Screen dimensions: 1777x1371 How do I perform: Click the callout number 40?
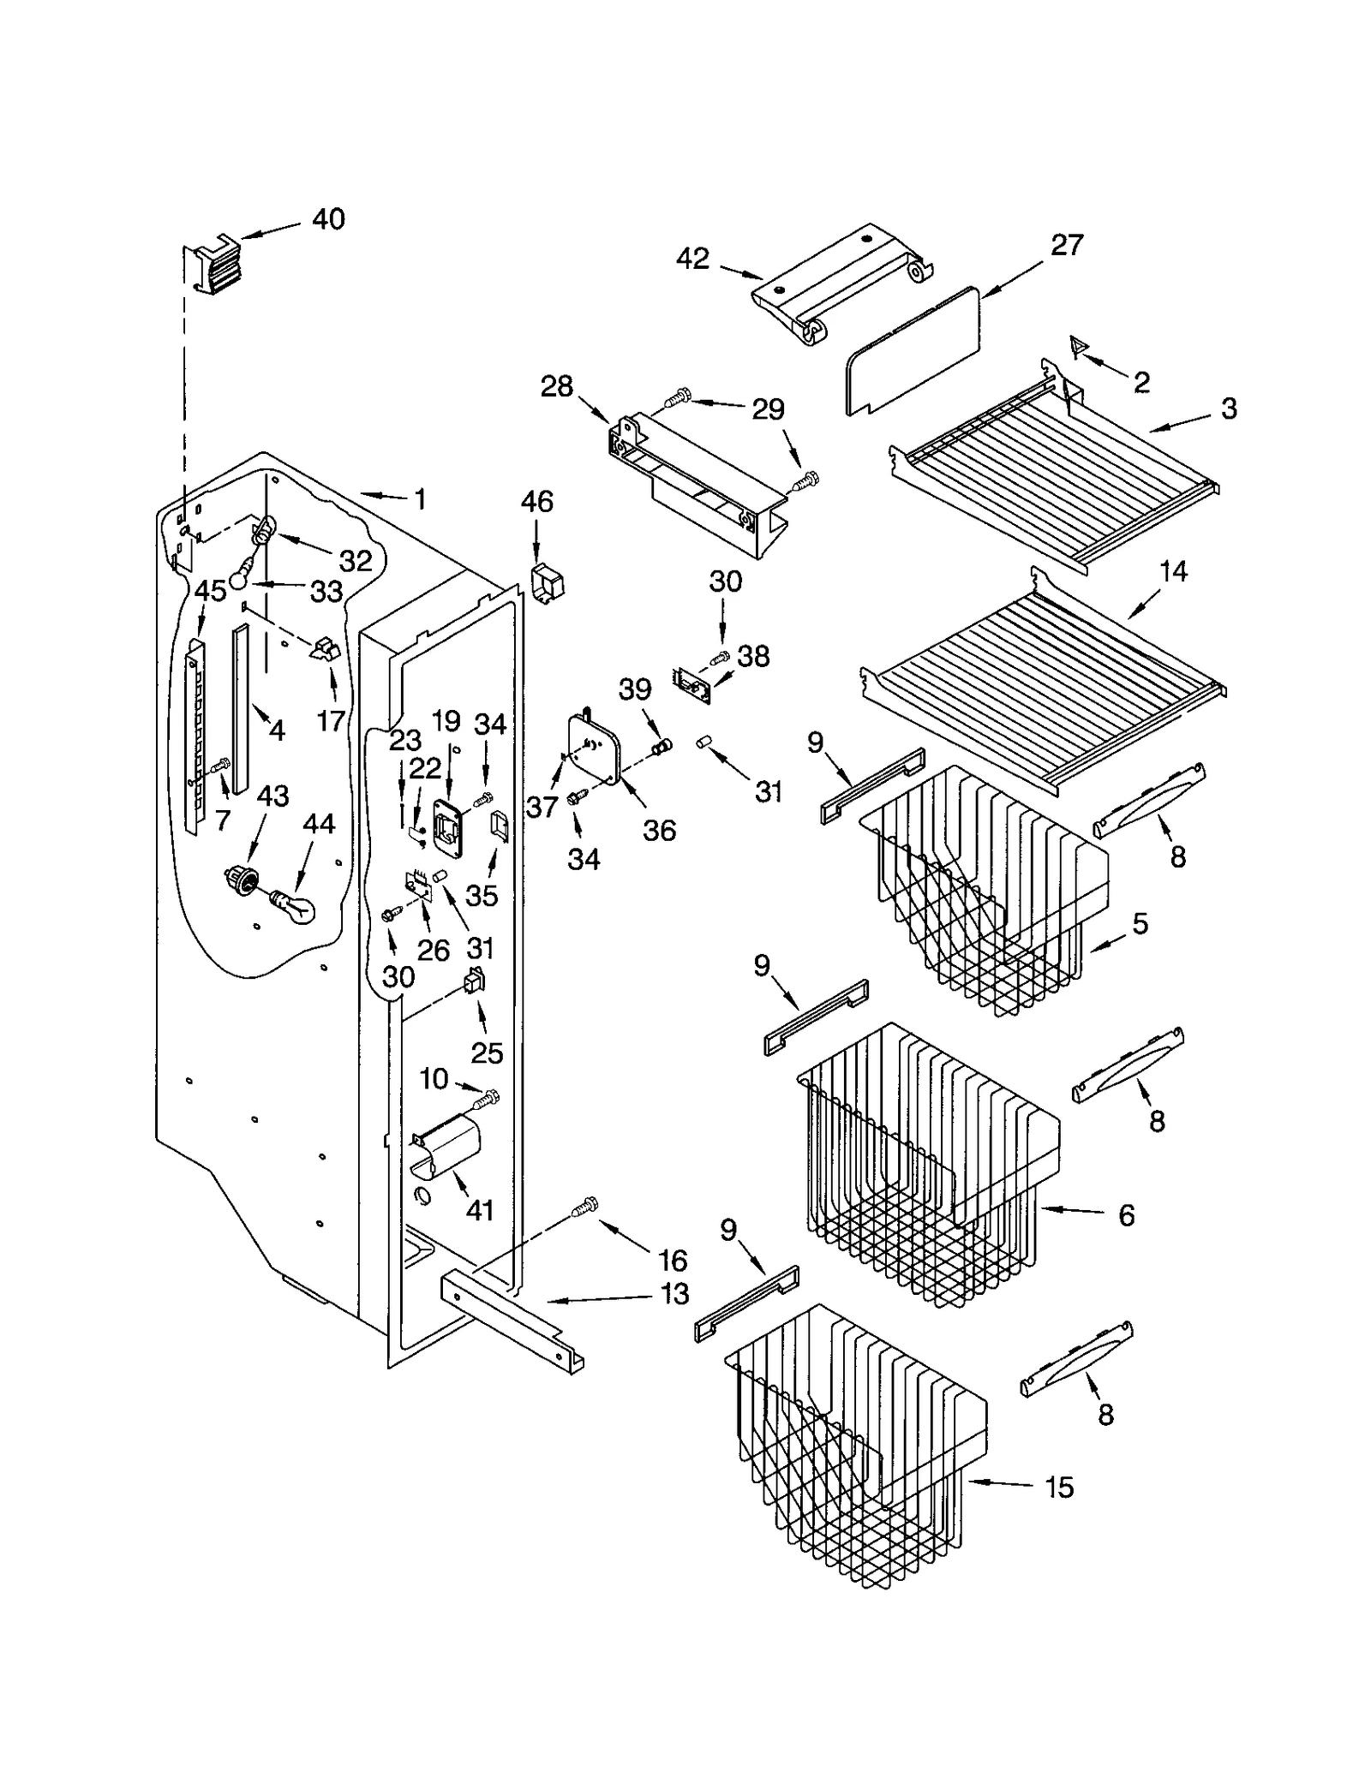[328, 219]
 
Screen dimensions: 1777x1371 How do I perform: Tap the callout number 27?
[1067, 245]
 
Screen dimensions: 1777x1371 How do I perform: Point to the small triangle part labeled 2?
[1079, 347]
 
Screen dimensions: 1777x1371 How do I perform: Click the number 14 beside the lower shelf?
[1173, 571]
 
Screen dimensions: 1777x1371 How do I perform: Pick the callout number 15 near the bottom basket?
[1059, 1488]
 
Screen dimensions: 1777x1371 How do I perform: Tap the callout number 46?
[537, 502]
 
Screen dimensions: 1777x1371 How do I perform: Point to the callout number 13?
[675, 1294]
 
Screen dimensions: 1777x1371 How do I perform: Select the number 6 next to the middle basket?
[1126, 1215]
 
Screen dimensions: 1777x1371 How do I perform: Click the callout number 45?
[210, 591]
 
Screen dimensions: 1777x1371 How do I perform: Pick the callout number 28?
[556, 387]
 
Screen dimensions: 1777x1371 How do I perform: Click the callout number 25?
[487, 1052]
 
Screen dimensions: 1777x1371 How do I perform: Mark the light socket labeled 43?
[242, 880]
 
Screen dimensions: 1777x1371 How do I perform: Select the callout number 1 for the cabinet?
[420, 499]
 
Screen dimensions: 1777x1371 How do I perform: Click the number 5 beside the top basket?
[1140, 924]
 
